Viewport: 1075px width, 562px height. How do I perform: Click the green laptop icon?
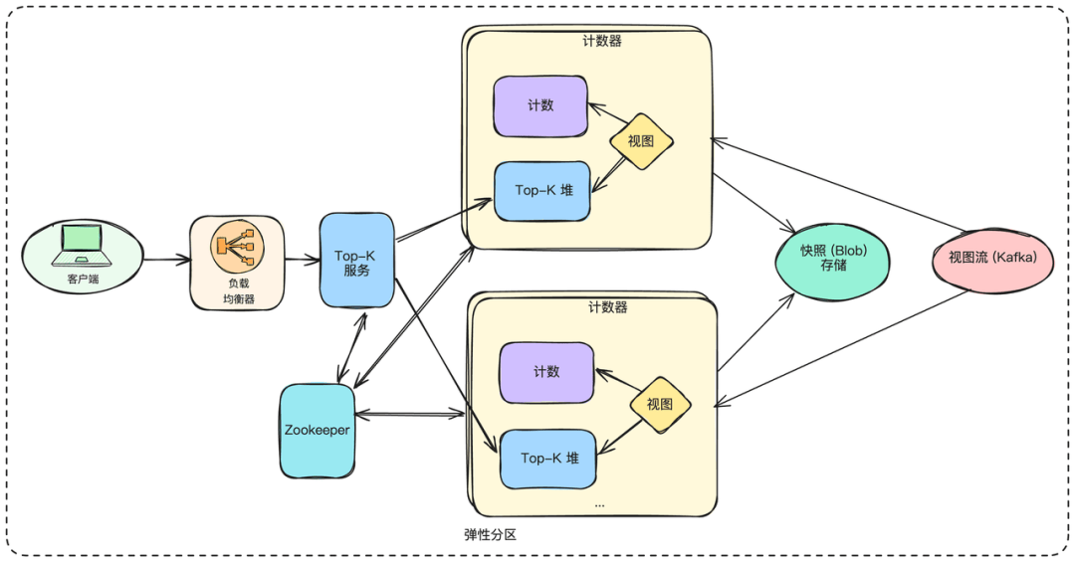coord(83,246)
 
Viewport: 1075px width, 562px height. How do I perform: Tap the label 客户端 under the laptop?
coord(83,279)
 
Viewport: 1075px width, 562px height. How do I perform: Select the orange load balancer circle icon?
coord(237,246)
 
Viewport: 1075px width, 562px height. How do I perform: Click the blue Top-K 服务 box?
coord(356,261)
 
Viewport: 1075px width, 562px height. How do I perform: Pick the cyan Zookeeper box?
coord(318,431)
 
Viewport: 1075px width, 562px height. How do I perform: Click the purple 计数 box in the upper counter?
coord(540,105)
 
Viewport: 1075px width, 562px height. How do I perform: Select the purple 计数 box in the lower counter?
coord(546,372)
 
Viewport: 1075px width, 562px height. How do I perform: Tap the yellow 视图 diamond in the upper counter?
coord(641,141)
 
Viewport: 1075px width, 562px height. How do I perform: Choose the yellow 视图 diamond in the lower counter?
coord(660,405)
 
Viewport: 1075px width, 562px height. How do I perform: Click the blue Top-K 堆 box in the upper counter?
coord(542,191)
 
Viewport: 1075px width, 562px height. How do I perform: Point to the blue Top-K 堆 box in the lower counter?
coord(547,460)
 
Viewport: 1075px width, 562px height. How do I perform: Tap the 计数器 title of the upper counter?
coord(602,41)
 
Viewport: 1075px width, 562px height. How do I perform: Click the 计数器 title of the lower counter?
coord(608,307)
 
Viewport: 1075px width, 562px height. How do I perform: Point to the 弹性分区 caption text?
coord(490,534)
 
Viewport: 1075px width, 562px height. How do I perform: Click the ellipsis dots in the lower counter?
coord(600,505)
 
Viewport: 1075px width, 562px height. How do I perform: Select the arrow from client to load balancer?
coord(167,260)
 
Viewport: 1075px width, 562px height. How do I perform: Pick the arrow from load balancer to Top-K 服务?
coord(303,259)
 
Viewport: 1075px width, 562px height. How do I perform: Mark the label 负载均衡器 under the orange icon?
coord(239,290)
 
